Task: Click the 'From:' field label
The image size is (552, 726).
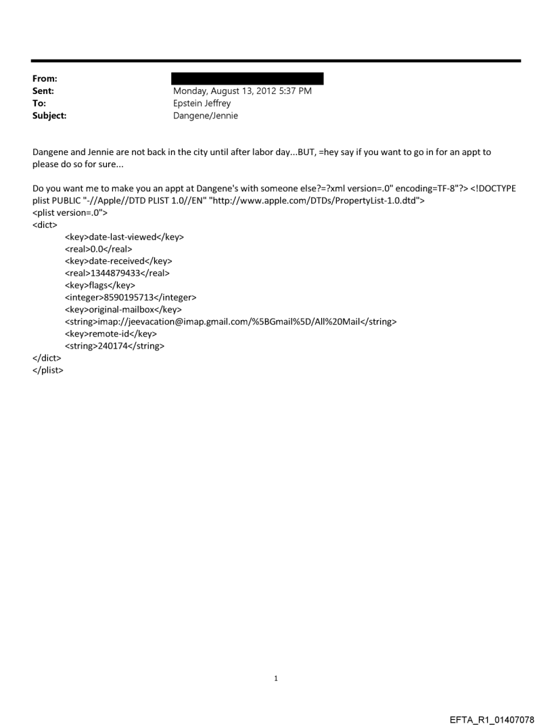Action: [44, 79]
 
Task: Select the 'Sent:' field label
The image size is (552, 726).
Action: [43, 91]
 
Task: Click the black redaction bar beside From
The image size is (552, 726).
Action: [248, 78]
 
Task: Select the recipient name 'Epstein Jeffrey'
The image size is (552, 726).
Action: [202, 104]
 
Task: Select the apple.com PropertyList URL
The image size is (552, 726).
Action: [336, 200]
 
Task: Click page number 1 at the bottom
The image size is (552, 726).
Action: [276, 678]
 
